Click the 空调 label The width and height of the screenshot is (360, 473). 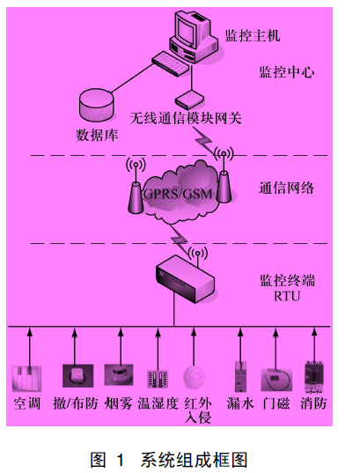pyautogui.click(x=28, y=403)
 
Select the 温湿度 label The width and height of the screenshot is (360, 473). pyautogui.click(x=159, y=403)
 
